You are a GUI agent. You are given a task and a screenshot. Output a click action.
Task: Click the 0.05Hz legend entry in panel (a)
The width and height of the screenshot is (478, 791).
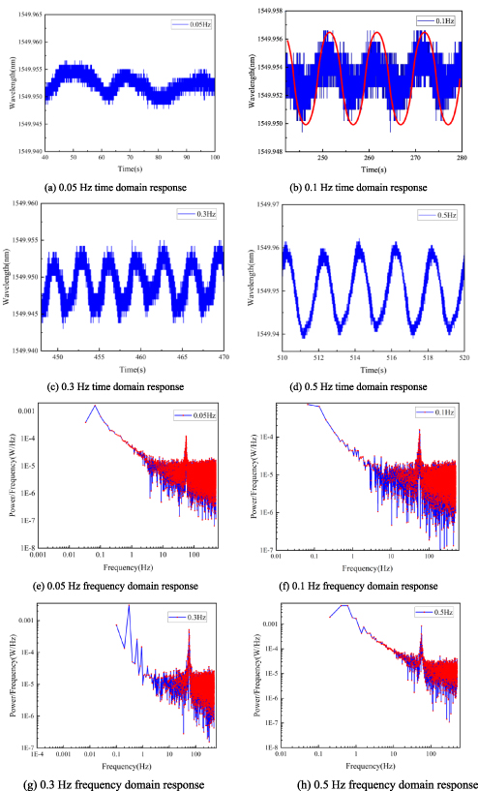[x=193, y=23]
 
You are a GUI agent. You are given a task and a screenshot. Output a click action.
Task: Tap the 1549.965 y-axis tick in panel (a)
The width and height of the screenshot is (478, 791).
[x=25, y=15]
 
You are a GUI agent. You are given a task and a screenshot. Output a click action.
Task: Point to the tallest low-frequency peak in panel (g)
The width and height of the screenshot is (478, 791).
[x=129, y=606]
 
